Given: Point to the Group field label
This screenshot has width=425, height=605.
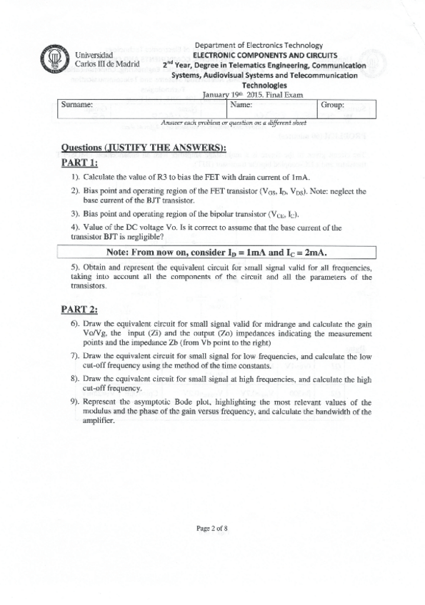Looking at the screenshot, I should point(332,104).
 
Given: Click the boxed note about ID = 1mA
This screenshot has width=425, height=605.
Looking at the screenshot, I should point(216,253).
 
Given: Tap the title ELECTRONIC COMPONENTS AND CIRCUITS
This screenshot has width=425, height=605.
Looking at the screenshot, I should point(259,55).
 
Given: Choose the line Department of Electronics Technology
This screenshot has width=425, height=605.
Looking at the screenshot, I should point(259,46).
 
